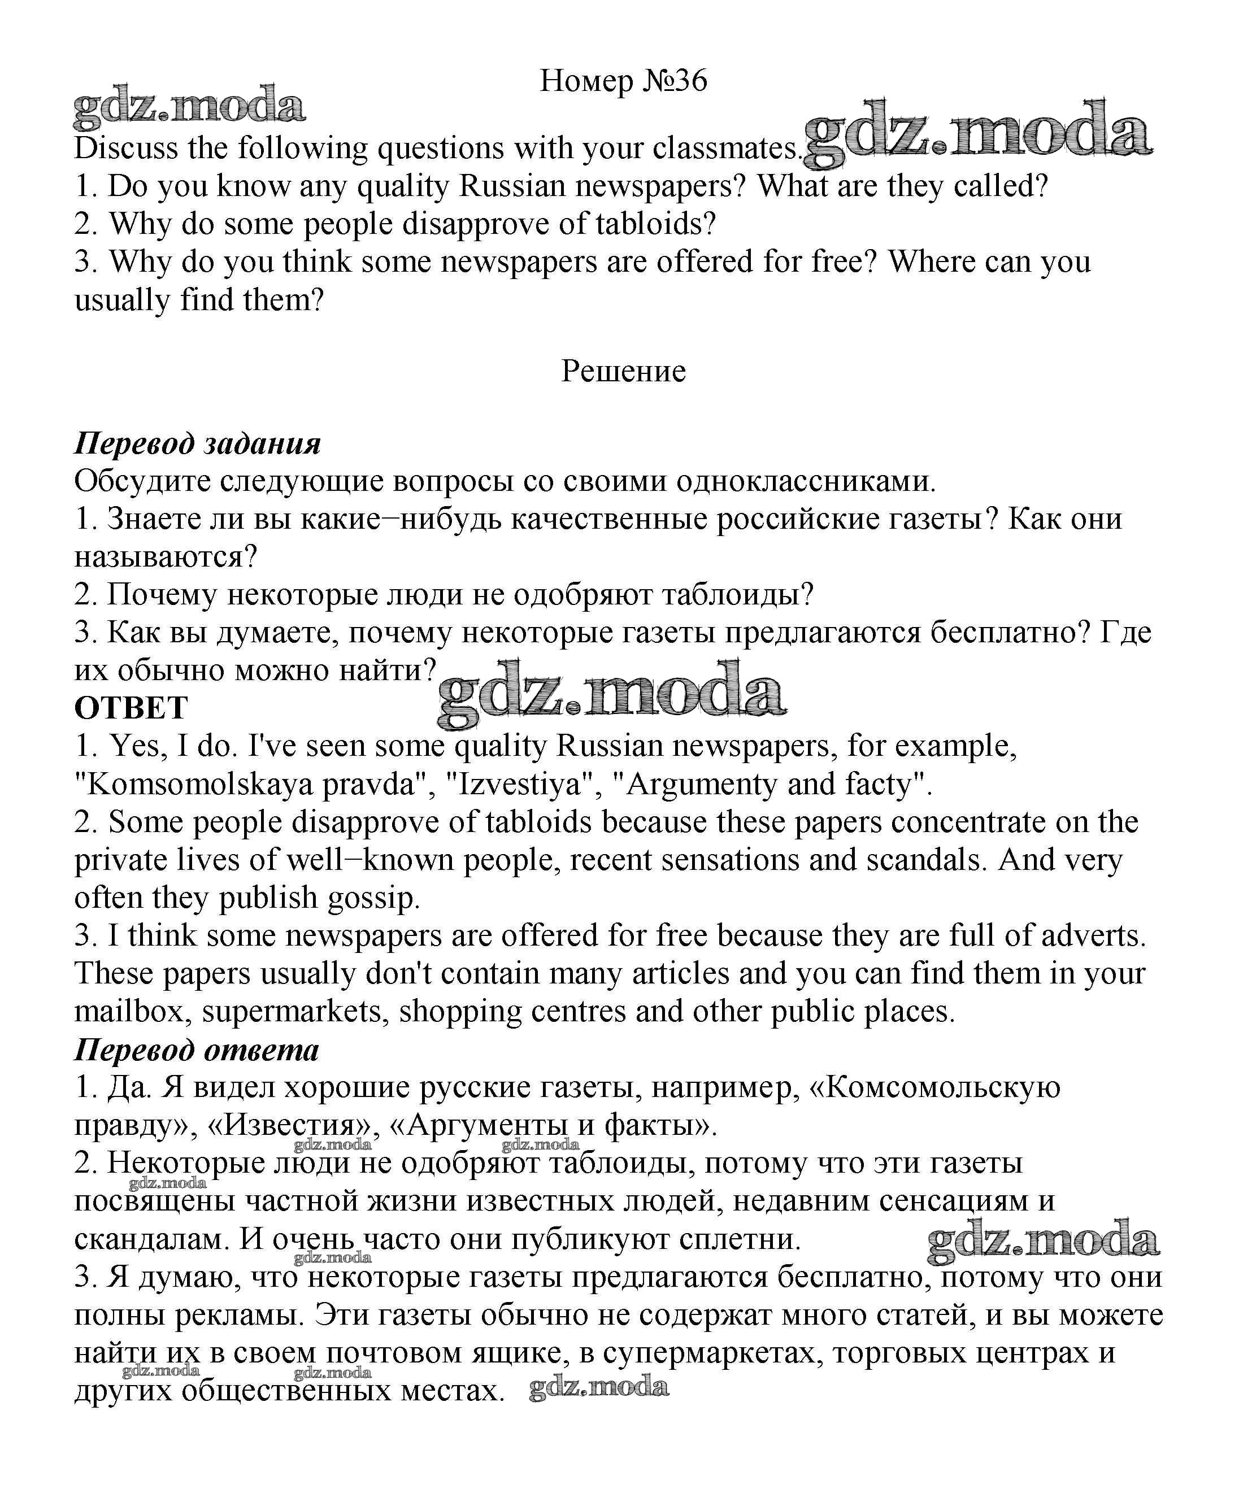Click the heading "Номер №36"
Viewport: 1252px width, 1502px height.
pos(623,81)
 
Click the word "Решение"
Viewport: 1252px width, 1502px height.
pos(623,371)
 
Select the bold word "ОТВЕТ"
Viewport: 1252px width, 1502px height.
pos(131,709)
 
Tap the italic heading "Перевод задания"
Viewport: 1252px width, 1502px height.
pos(197,444)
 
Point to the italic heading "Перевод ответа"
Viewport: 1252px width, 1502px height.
pos(197,1050)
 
